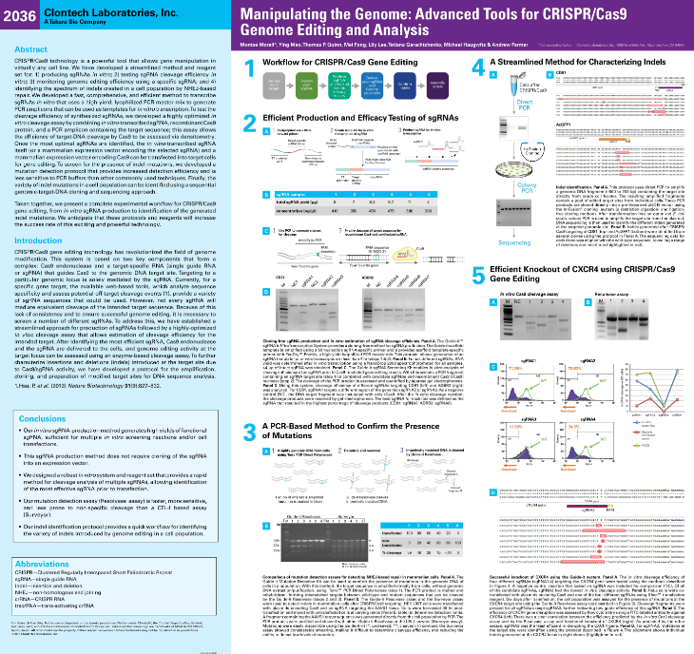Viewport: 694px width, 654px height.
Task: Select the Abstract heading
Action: point(30,48)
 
